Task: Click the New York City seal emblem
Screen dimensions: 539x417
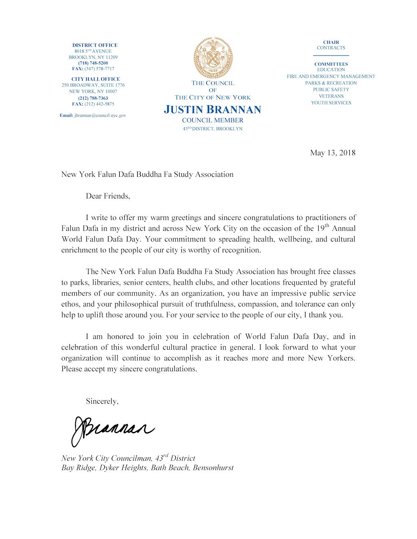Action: point(213,57)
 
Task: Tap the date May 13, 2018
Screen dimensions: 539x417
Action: point(333,153)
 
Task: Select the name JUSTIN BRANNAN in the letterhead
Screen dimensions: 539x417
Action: point(212,109)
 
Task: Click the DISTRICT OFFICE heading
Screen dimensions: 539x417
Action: point(95,45)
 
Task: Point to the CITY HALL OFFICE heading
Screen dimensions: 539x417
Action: point(96,79)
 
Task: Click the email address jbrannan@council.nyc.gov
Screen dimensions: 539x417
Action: point(100,115)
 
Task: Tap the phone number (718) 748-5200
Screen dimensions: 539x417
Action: point(93,63)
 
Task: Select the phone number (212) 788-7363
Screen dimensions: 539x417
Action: point(93,98)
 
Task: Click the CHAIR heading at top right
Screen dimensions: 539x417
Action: point(331,42)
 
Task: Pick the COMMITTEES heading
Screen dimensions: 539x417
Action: point(331,64)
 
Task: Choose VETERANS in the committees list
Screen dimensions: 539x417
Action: point(331,96)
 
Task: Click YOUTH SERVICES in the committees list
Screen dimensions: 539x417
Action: point(331,103)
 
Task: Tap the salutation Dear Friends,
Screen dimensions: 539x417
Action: point(108,196)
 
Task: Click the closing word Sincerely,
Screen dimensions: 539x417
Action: point(102,401)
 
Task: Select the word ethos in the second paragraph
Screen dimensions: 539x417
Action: point(70,304)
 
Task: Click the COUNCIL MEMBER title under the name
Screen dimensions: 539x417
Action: point(213,120)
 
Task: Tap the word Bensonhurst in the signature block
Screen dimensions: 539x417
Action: point(213,468)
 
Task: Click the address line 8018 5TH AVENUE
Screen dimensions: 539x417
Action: point(93,52)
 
